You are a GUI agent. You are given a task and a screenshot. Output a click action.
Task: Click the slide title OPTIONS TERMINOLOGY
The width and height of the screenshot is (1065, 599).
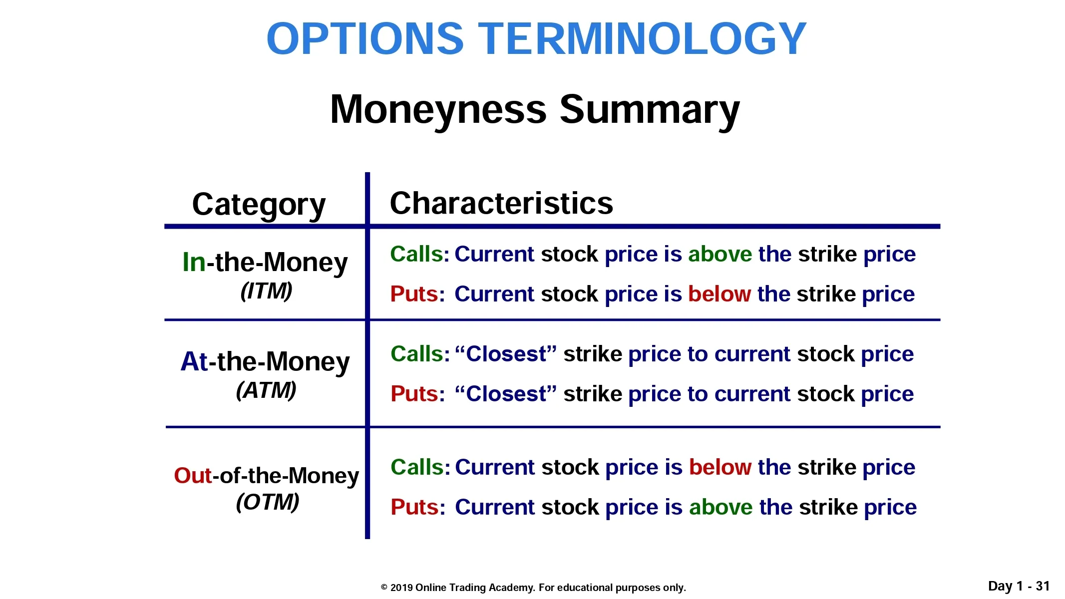536,39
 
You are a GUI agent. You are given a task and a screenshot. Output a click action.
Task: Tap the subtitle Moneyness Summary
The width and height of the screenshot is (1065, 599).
535,110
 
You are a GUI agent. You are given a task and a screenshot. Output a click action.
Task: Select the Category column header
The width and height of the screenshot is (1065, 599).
259,205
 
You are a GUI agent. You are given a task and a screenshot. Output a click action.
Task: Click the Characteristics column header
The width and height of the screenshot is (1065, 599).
501,203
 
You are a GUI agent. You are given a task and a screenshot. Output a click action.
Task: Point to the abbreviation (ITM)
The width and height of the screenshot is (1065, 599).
267,291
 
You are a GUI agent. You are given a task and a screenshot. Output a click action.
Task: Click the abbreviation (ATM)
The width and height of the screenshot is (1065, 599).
266,390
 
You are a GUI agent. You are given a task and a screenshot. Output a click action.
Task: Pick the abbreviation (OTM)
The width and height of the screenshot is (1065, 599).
268,502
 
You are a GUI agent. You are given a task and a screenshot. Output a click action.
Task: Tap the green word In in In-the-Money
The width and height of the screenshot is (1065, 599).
194,262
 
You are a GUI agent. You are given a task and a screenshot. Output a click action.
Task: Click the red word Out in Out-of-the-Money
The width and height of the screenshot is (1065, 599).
193,476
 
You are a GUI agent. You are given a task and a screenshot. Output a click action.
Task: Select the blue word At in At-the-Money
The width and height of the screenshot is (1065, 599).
194,361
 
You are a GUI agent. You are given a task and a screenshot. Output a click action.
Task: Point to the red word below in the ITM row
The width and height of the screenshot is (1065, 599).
719,294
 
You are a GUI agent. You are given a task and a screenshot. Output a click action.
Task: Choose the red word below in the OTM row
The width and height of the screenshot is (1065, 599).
720,467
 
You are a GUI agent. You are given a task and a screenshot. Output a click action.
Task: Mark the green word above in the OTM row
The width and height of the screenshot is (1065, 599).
721,507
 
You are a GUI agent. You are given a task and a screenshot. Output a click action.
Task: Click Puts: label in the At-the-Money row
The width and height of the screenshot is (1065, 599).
418,394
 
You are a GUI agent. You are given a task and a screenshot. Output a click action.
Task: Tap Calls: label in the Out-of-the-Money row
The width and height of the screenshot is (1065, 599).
420,467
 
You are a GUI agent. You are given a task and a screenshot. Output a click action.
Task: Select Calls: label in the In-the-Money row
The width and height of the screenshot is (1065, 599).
420,254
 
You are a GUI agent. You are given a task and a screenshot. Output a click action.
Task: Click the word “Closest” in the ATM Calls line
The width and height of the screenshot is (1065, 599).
506,354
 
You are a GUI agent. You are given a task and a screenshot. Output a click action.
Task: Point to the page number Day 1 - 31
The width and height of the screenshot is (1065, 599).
1019,586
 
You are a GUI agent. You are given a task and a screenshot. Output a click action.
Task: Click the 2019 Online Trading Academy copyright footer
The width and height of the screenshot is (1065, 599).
533,588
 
